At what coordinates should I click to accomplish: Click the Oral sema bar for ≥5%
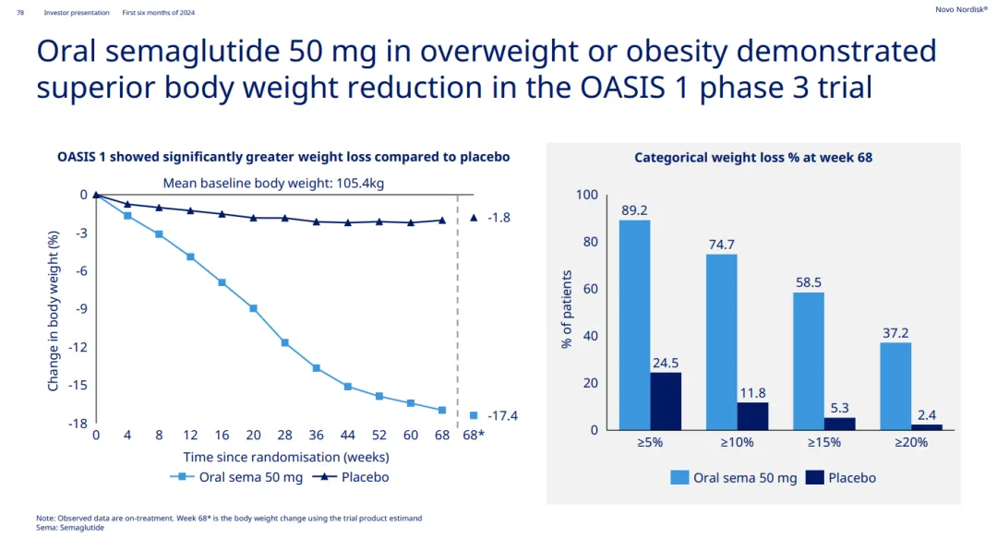[634, 325]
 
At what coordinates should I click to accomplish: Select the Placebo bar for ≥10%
[752, 416]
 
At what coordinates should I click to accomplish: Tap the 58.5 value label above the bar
[809, 282]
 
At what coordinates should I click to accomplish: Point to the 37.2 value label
[895, 332]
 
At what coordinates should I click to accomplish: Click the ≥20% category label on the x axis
[910, 442]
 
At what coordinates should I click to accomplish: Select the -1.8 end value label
[498, 218]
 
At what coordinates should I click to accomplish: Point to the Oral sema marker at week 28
[284, 342]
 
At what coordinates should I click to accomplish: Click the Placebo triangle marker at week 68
[442, 220]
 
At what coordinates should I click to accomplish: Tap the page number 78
[20, 13]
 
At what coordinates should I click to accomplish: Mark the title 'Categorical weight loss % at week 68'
[753, 158]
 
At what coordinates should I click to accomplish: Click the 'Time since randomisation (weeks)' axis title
[285, 457]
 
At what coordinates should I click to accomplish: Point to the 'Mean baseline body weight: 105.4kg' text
[273, 183]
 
